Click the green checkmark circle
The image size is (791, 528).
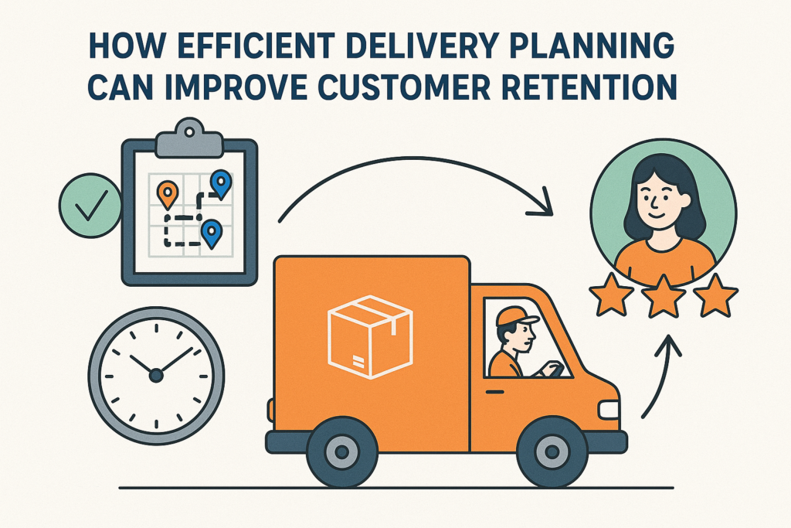click(90, 205)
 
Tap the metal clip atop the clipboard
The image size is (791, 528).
click(189, 138)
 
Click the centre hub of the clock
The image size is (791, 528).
click(156, 374)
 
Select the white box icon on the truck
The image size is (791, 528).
click(370, 337)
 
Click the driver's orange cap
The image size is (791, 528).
click(514, 316)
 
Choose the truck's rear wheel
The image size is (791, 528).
click(341, 451)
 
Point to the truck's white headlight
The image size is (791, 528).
click(609, 410)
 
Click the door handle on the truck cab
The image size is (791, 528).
click(495, 392)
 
